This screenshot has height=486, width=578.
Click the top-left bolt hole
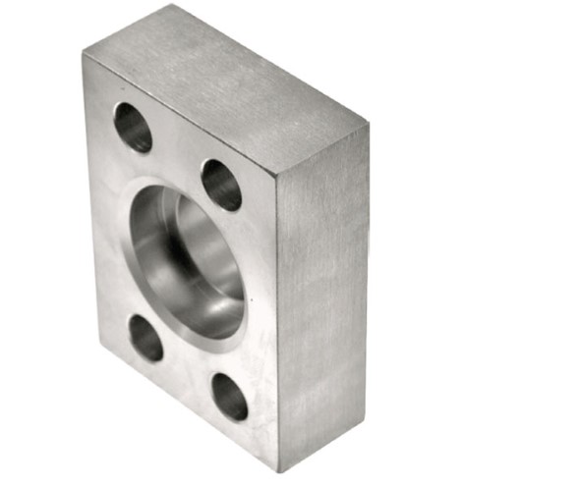133,127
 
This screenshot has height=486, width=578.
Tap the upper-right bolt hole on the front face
221,184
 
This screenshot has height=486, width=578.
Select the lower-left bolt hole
145,337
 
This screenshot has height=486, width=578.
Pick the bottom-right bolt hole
230,396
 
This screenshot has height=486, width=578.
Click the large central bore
187,260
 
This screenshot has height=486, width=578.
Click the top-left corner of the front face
85,54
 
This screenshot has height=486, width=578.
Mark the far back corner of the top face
368,124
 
